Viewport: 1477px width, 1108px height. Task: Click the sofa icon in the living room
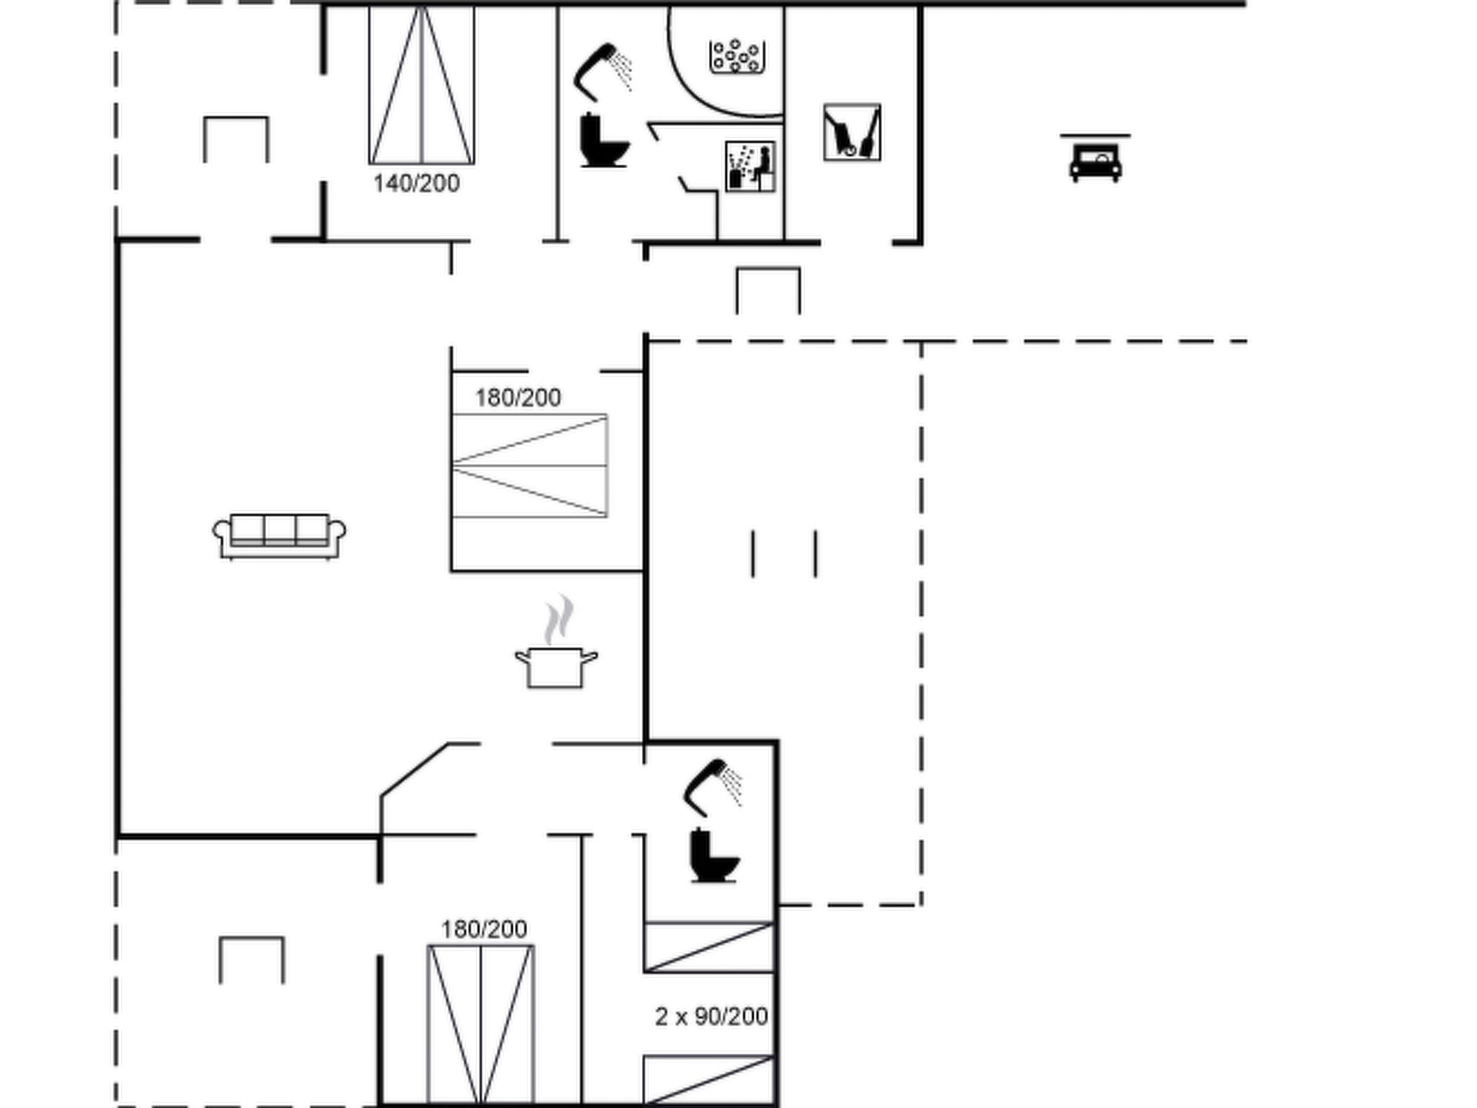[279, 536]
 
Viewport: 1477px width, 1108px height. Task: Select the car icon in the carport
[1095, 159]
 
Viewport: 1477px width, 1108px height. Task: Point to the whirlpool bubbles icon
[736, 56]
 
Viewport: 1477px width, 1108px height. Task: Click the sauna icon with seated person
[750, 167]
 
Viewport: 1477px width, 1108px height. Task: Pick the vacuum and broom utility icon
[852, 133]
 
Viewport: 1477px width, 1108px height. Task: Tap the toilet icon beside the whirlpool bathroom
[604, 140]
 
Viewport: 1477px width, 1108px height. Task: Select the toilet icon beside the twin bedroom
[714, 856]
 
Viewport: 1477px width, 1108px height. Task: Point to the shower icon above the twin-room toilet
[713, 786]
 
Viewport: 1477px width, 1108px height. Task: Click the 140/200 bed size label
[416, 183]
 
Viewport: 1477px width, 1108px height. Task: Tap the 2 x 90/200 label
[711, 1016]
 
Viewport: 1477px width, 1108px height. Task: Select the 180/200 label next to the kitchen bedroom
[518, 397]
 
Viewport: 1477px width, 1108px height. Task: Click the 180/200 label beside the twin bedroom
[484, 929]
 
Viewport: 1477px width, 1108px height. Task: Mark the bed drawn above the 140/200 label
[422, 84]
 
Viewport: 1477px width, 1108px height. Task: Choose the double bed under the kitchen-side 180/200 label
[529, 466]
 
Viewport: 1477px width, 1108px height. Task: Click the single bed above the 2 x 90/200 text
[710, 947]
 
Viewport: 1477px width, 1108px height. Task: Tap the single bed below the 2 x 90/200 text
[710, 1080]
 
